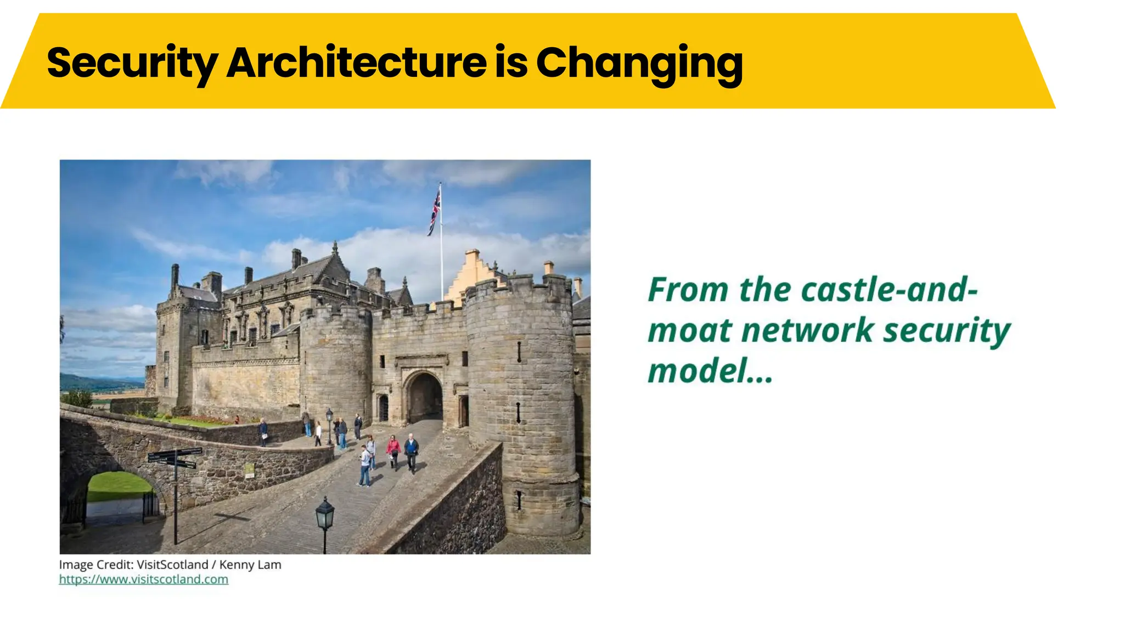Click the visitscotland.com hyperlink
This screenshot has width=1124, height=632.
143,579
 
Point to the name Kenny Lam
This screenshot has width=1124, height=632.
250,565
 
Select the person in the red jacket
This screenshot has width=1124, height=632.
394,450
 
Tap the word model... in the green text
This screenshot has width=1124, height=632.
710,371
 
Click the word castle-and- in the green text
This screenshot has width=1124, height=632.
889,290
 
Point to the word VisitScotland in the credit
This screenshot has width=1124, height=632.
172,565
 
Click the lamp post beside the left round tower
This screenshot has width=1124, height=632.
329,425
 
